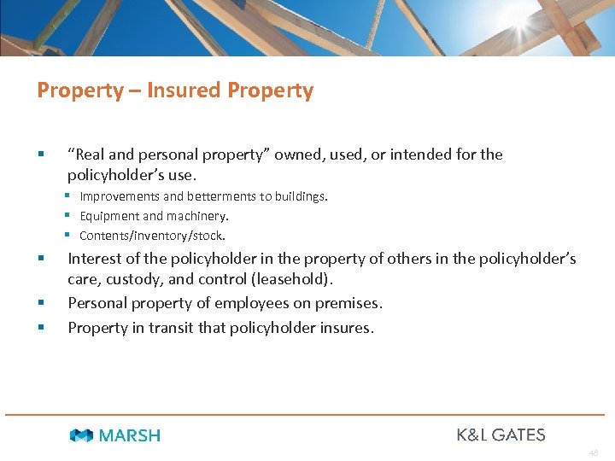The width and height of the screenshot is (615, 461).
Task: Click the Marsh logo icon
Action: (x=81, y=435)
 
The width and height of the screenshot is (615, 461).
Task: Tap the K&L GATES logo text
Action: (x=501, y=435)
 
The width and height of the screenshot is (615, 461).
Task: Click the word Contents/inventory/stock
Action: (x=152, y=236)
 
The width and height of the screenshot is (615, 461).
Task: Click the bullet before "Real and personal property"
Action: (x=41, y=155)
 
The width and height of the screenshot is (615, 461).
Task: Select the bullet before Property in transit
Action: (x=41, y=328)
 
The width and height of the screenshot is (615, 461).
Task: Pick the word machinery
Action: (x=201, y=216)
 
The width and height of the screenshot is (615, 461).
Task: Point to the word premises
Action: (x=348, y=303)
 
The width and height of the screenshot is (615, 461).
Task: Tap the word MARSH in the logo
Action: (x=130, y=435)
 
